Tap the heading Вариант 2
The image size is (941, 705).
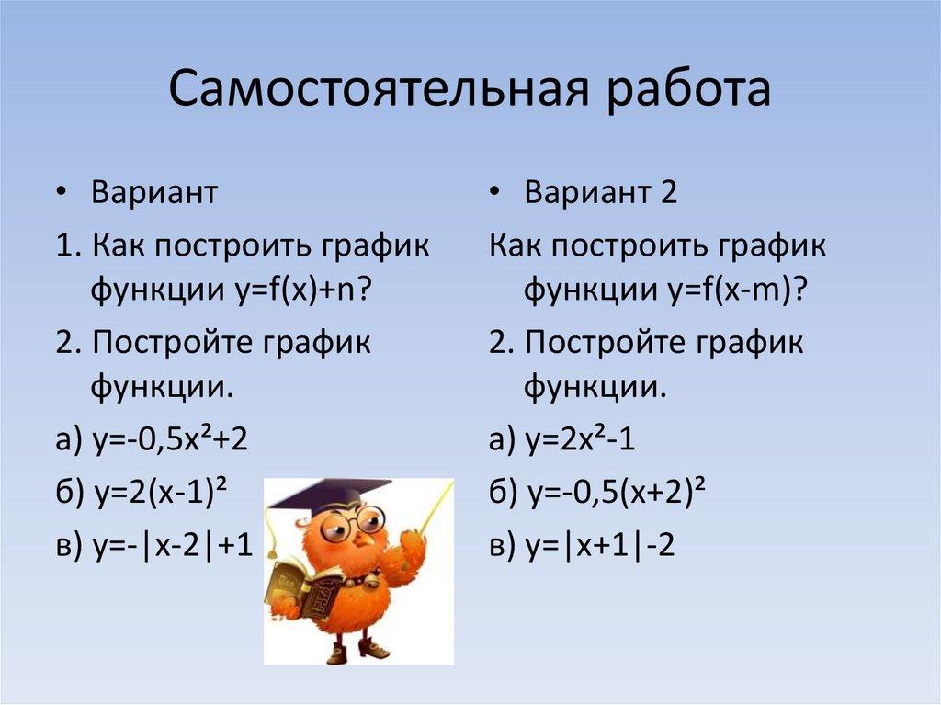601,194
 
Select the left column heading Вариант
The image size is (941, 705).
154,194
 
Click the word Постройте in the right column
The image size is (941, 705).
606,343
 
